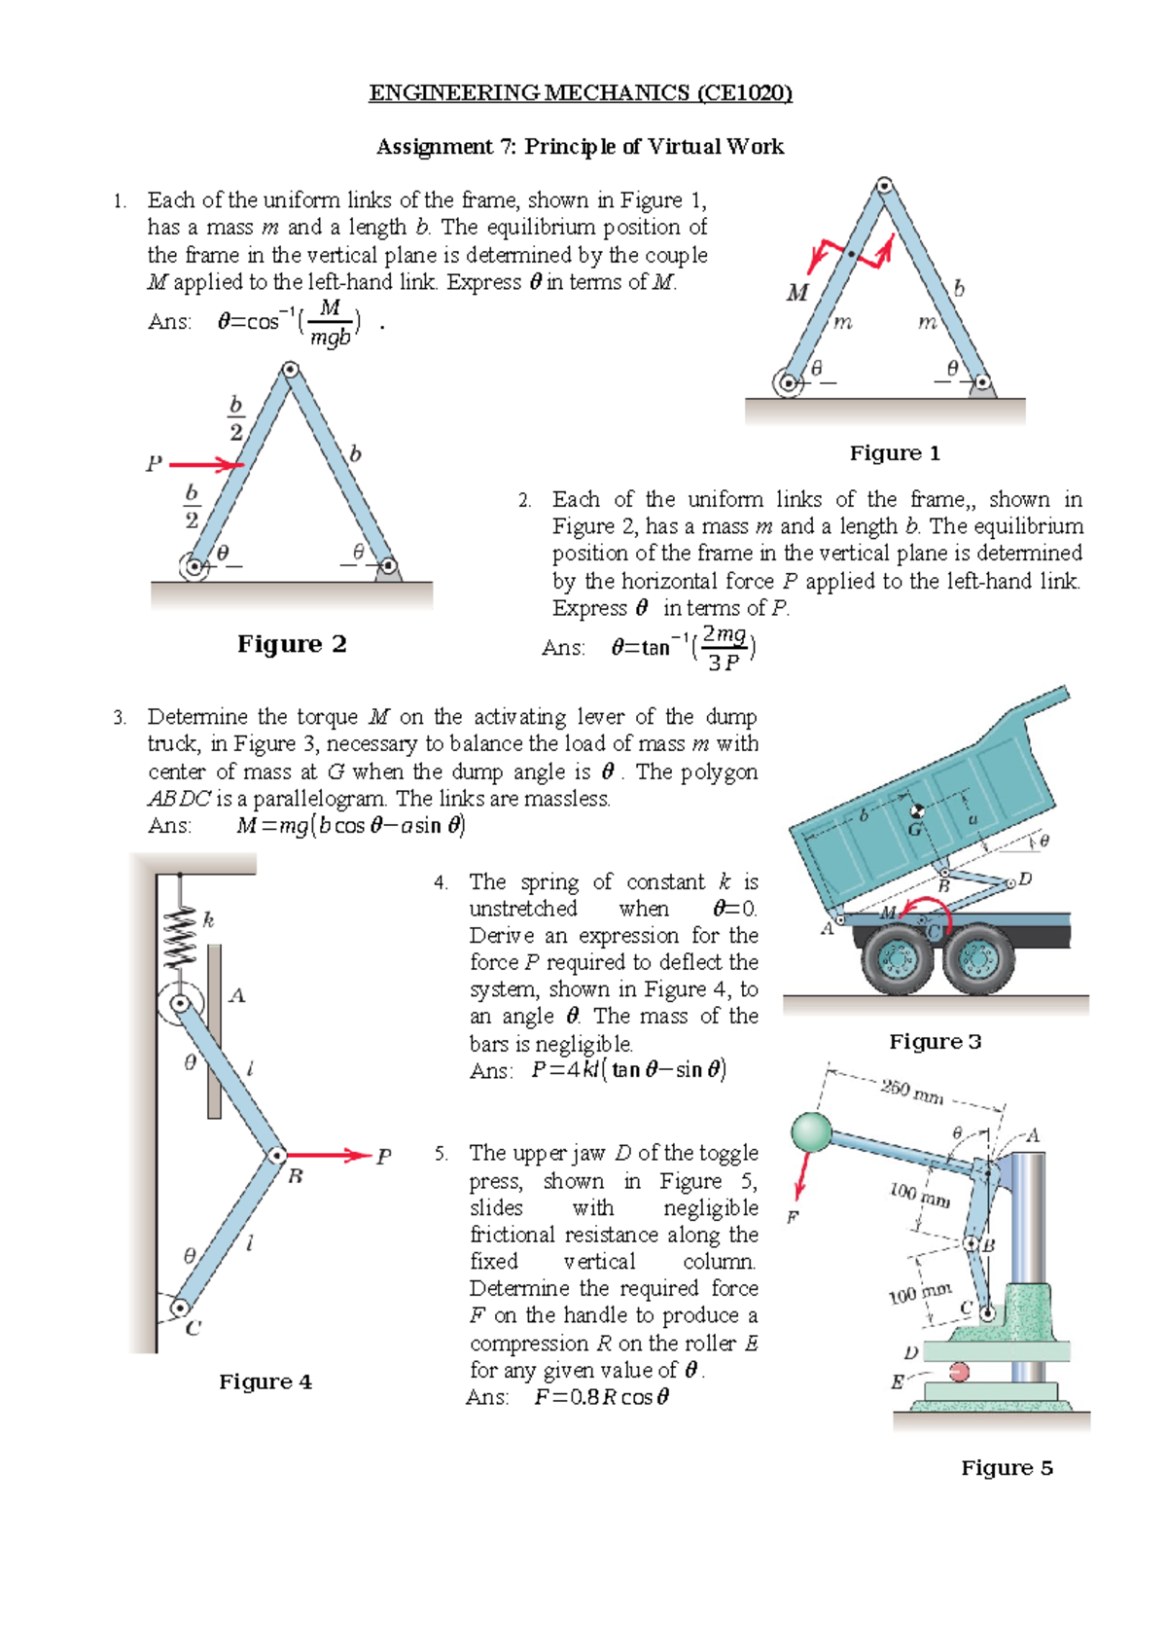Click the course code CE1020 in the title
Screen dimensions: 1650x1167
point(747,93)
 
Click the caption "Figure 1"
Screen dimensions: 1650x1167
point(895,453)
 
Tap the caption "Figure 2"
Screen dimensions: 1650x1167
point(292,644)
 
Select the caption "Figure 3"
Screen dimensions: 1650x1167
point(935,1042)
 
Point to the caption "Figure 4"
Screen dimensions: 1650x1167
point(265,1381)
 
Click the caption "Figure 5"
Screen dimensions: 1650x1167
point(1007,1467)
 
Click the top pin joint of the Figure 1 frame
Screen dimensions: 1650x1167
point(884,185)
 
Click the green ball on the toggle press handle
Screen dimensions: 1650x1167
point(811,1132)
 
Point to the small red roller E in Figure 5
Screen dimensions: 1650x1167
point(959,1372)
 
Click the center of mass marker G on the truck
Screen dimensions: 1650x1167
point(915,812)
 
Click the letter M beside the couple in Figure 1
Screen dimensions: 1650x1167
point(797,293)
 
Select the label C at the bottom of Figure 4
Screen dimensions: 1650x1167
point(193,1328)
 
